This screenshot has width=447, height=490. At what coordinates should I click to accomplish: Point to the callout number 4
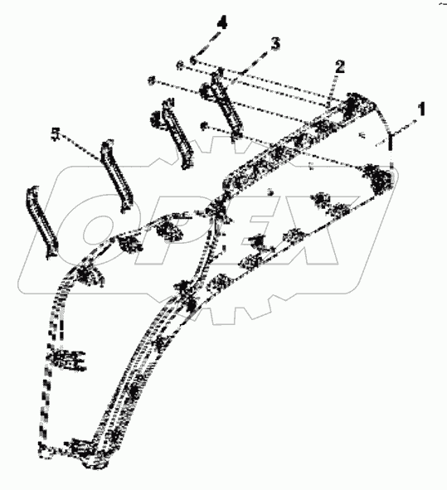[x=221, y=22]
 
